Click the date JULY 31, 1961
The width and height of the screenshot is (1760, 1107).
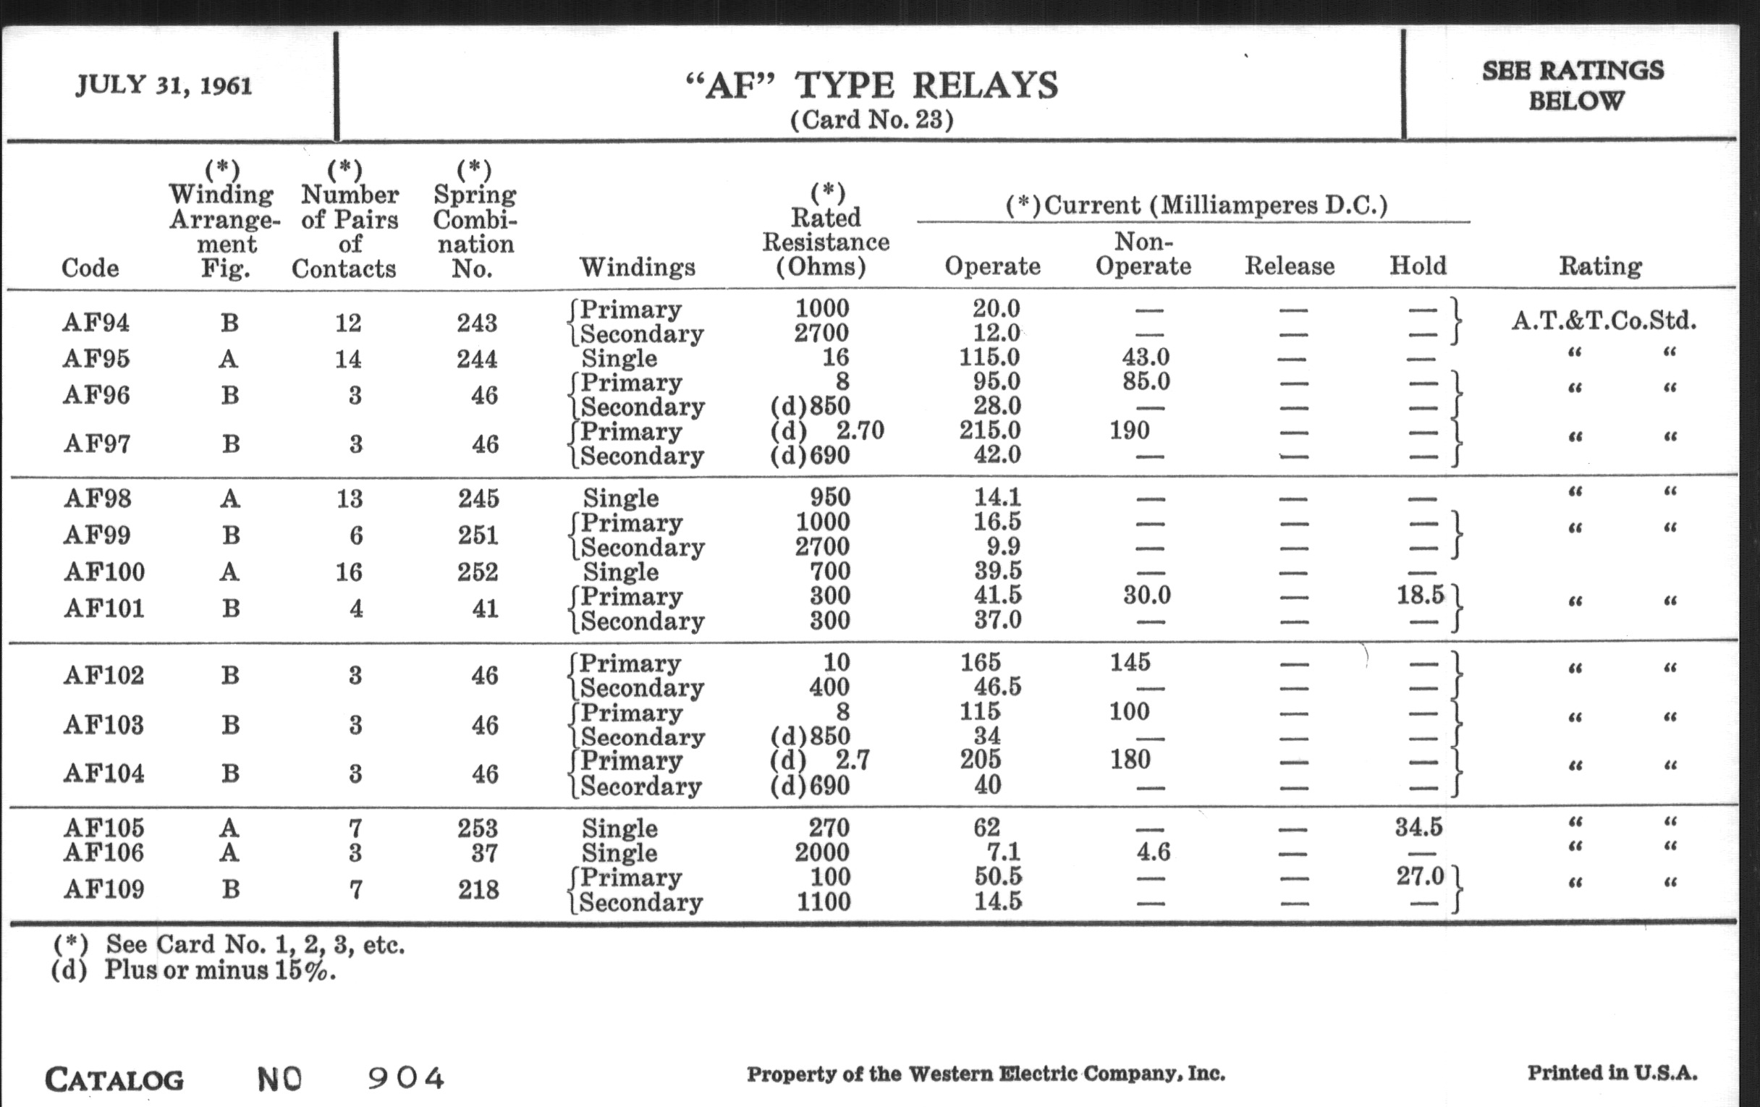[x=164, y=85]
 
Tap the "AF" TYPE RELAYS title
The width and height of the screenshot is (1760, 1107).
[x=872, y=86]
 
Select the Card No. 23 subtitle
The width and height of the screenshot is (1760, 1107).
[x=872, y=120]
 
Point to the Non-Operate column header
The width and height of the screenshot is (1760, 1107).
[x=1143, y=253]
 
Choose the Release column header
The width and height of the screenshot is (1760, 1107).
[x=1290, y=266]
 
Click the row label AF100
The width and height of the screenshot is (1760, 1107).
[x=103, y=572]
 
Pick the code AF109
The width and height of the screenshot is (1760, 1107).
[x=103, y=889]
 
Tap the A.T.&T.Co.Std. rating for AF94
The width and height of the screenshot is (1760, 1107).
[x=1604, y=320]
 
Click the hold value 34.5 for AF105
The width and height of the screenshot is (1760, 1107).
[x=1418, y=827]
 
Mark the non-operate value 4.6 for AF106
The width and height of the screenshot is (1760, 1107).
[x=1153, y=852]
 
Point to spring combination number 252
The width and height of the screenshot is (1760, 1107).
[x=478, y=572]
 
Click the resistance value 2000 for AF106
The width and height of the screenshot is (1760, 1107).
[x=822, y=852]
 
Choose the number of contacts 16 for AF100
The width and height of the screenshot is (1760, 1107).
[x=349, y=572]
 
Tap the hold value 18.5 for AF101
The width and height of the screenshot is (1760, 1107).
[x=1420, y=595]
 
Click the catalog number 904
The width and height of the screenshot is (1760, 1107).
[x=406, y=1078]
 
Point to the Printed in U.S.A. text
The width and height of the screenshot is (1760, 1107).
[x=1612, y=1073]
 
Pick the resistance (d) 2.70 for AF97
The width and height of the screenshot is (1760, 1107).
[x=827, y=430]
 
